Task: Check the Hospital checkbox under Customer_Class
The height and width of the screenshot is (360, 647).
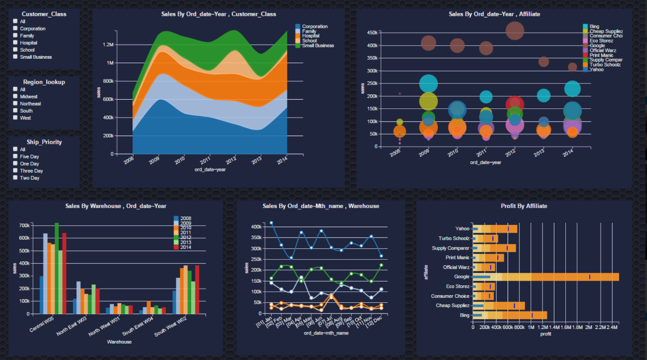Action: tap(15, 42)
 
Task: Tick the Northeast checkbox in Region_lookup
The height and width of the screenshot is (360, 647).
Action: tap(15, 103)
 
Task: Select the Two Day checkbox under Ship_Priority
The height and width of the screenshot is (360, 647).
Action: tap(15, 178)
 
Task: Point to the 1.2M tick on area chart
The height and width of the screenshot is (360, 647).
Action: tap(107, 45)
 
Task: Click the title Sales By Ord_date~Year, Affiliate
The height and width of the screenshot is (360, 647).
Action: tap(494, 14)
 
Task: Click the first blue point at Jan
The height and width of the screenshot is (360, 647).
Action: tap(271, 223)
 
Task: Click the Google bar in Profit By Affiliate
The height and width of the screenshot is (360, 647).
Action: tap(545, 277)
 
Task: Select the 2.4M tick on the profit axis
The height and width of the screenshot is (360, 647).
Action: tap(613, 328)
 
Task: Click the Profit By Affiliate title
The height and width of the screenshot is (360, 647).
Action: tap(523, 206)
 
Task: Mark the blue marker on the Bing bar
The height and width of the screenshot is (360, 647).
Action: tap(532, 315)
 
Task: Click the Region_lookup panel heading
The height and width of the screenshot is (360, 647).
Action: tap(44, 82)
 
